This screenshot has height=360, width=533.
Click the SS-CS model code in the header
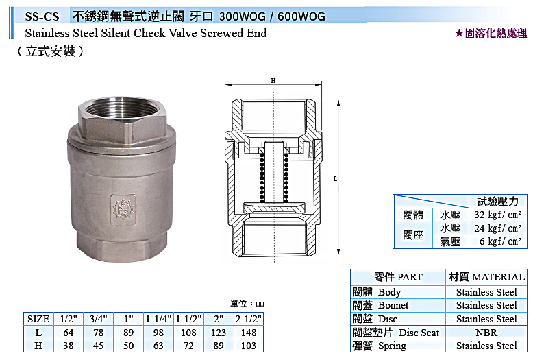(x=42, y=16)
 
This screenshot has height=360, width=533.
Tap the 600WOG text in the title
(x=301, y=16)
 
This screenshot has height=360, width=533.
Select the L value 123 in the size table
(x=219, y=333)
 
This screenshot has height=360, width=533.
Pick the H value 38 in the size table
(x=69, y=346)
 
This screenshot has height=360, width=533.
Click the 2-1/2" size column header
(x=249, y=319)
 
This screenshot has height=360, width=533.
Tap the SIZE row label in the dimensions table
(x=38, y=319)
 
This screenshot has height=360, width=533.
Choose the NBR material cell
(x=486, y=333)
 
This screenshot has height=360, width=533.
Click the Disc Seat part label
(x=419, y=333)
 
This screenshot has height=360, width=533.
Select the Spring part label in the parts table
(x=392, y=346)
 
